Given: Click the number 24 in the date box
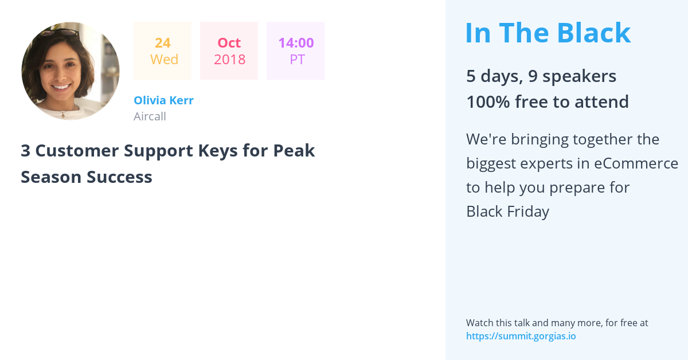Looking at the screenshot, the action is click(162, 43).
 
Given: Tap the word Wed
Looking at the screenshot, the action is click(164, 59).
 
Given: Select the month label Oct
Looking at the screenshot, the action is click(229, 43).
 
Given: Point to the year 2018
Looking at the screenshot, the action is click(230, 59).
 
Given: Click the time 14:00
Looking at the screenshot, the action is click(296, 43).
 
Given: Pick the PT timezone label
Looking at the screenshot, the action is click(298, 59).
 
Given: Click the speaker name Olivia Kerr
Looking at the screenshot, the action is click(164, 100).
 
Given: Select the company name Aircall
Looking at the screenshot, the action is click(150, 116).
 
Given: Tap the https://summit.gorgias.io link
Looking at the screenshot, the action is click(521, 336).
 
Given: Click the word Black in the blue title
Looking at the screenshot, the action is click(594, 33).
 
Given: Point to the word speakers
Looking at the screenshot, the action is click(579, 76).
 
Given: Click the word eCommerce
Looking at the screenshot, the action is click(636, 163).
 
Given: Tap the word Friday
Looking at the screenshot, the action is click(528, 212).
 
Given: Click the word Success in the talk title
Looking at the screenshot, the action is click(119, 177).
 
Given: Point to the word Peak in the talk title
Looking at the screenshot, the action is click(294, 151).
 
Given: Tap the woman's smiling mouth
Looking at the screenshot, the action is click(61, 87).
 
